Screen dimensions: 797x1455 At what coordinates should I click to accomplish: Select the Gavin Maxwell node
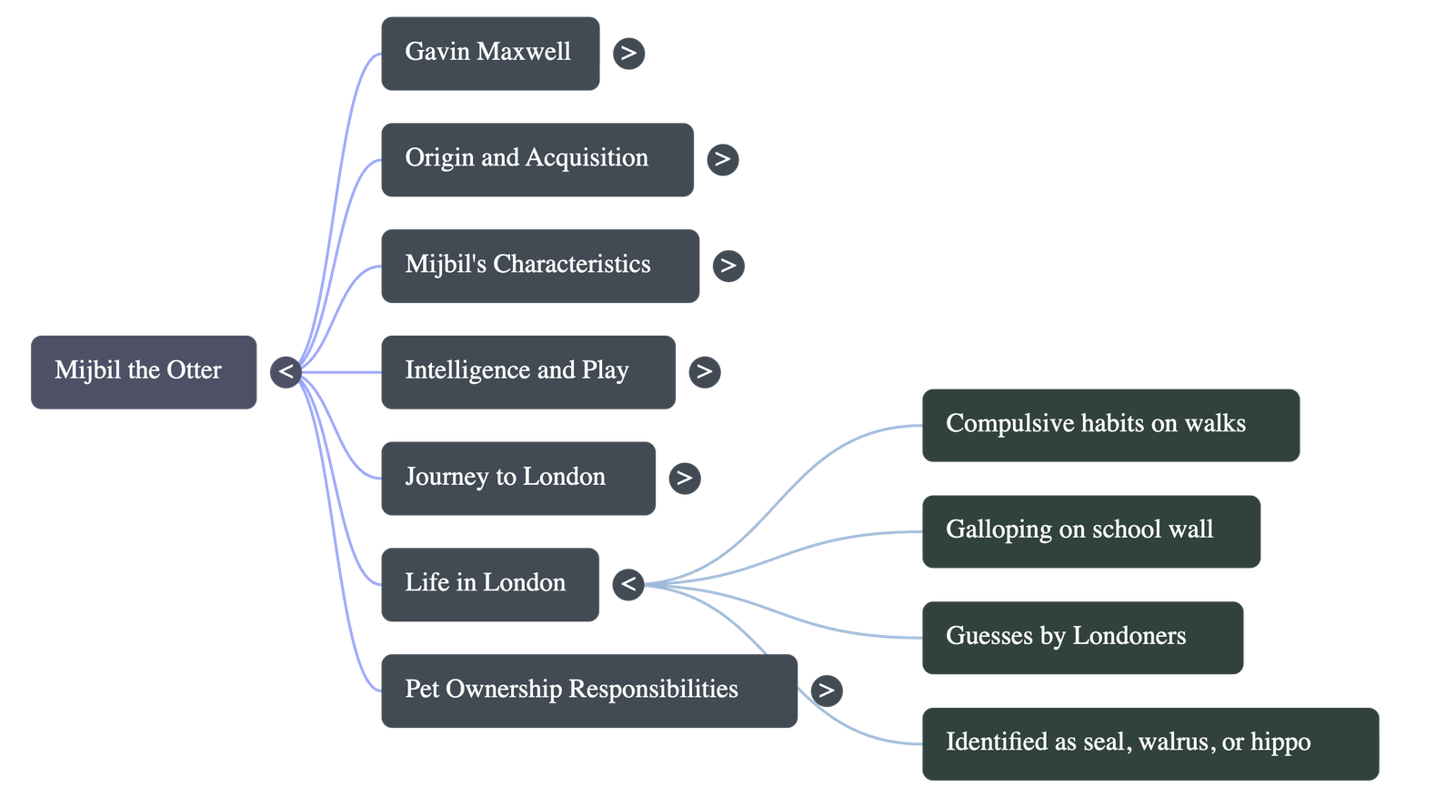(489, 53)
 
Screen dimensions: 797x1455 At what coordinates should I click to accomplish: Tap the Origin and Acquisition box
(537, 159)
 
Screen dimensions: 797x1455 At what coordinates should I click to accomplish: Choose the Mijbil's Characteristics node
(539, 266)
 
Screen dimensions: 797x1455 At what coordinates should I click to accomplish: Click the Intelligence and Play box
(527, 371)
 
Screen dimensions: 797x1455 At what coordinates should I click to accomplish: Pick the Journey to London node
(517, 478)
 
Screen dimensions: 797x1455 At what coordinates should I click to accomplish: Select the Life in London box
(489, 584)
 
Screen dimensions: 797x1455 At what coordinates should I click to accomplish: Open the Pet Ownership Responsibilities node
(588, 690)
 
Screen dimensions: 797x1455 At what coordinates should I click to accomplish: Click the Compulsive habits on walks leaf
(1109, 425)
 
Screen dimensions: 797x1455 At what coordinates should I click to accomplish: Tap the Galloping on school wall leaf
(1090, 530)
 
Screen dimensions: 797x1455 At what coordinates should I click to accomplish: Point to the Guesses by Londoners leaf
(1081, 637)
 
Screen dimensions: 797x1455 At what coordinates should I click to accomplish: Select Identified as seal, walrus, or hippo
(1149, 742)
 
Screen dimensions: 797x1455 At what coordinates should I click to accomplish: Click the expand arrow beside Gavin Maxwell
(628, 53)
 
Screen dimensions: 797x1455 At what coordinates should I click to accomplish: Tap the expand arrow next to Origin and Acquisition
(722, 159)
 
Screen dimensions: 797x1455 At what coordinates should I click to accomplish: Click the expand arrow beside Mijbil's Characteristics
(727, 266)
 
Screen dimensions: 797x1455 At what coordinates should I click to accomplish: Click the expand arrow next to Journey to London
(684, 478)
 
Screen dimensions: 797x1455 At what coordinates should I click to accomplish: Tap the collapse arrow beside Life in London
(628, 584)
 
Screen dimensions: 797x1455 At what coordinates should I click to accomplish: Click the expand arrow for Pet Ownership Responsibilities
(826, 690)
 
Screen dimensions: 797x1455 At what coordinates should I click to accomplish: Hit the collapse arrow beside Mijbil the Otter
(286, 371)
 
